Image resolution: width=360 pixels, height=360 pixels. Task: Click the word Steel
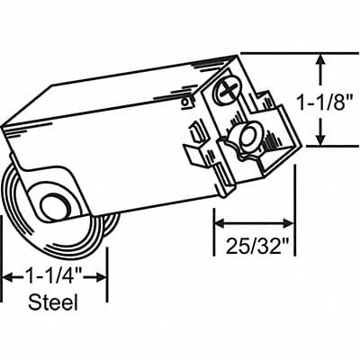point(54,303)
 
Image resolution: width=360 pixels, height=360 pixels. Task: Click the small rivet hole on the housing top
point(184,91)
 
